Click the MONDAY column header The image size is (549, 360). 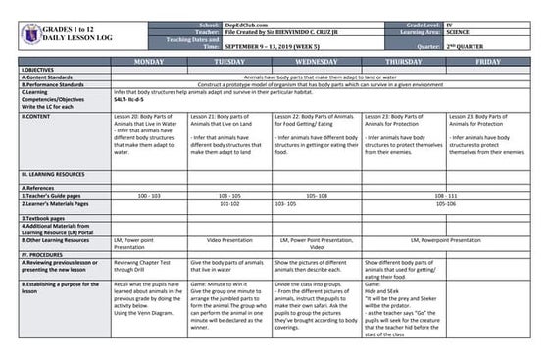click(x=148, y=61)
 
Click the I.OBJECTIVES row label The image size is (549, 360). click(x=38, y=70)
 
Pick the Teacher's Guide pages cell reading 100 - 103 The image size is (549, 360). click(x=148, y=196)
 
